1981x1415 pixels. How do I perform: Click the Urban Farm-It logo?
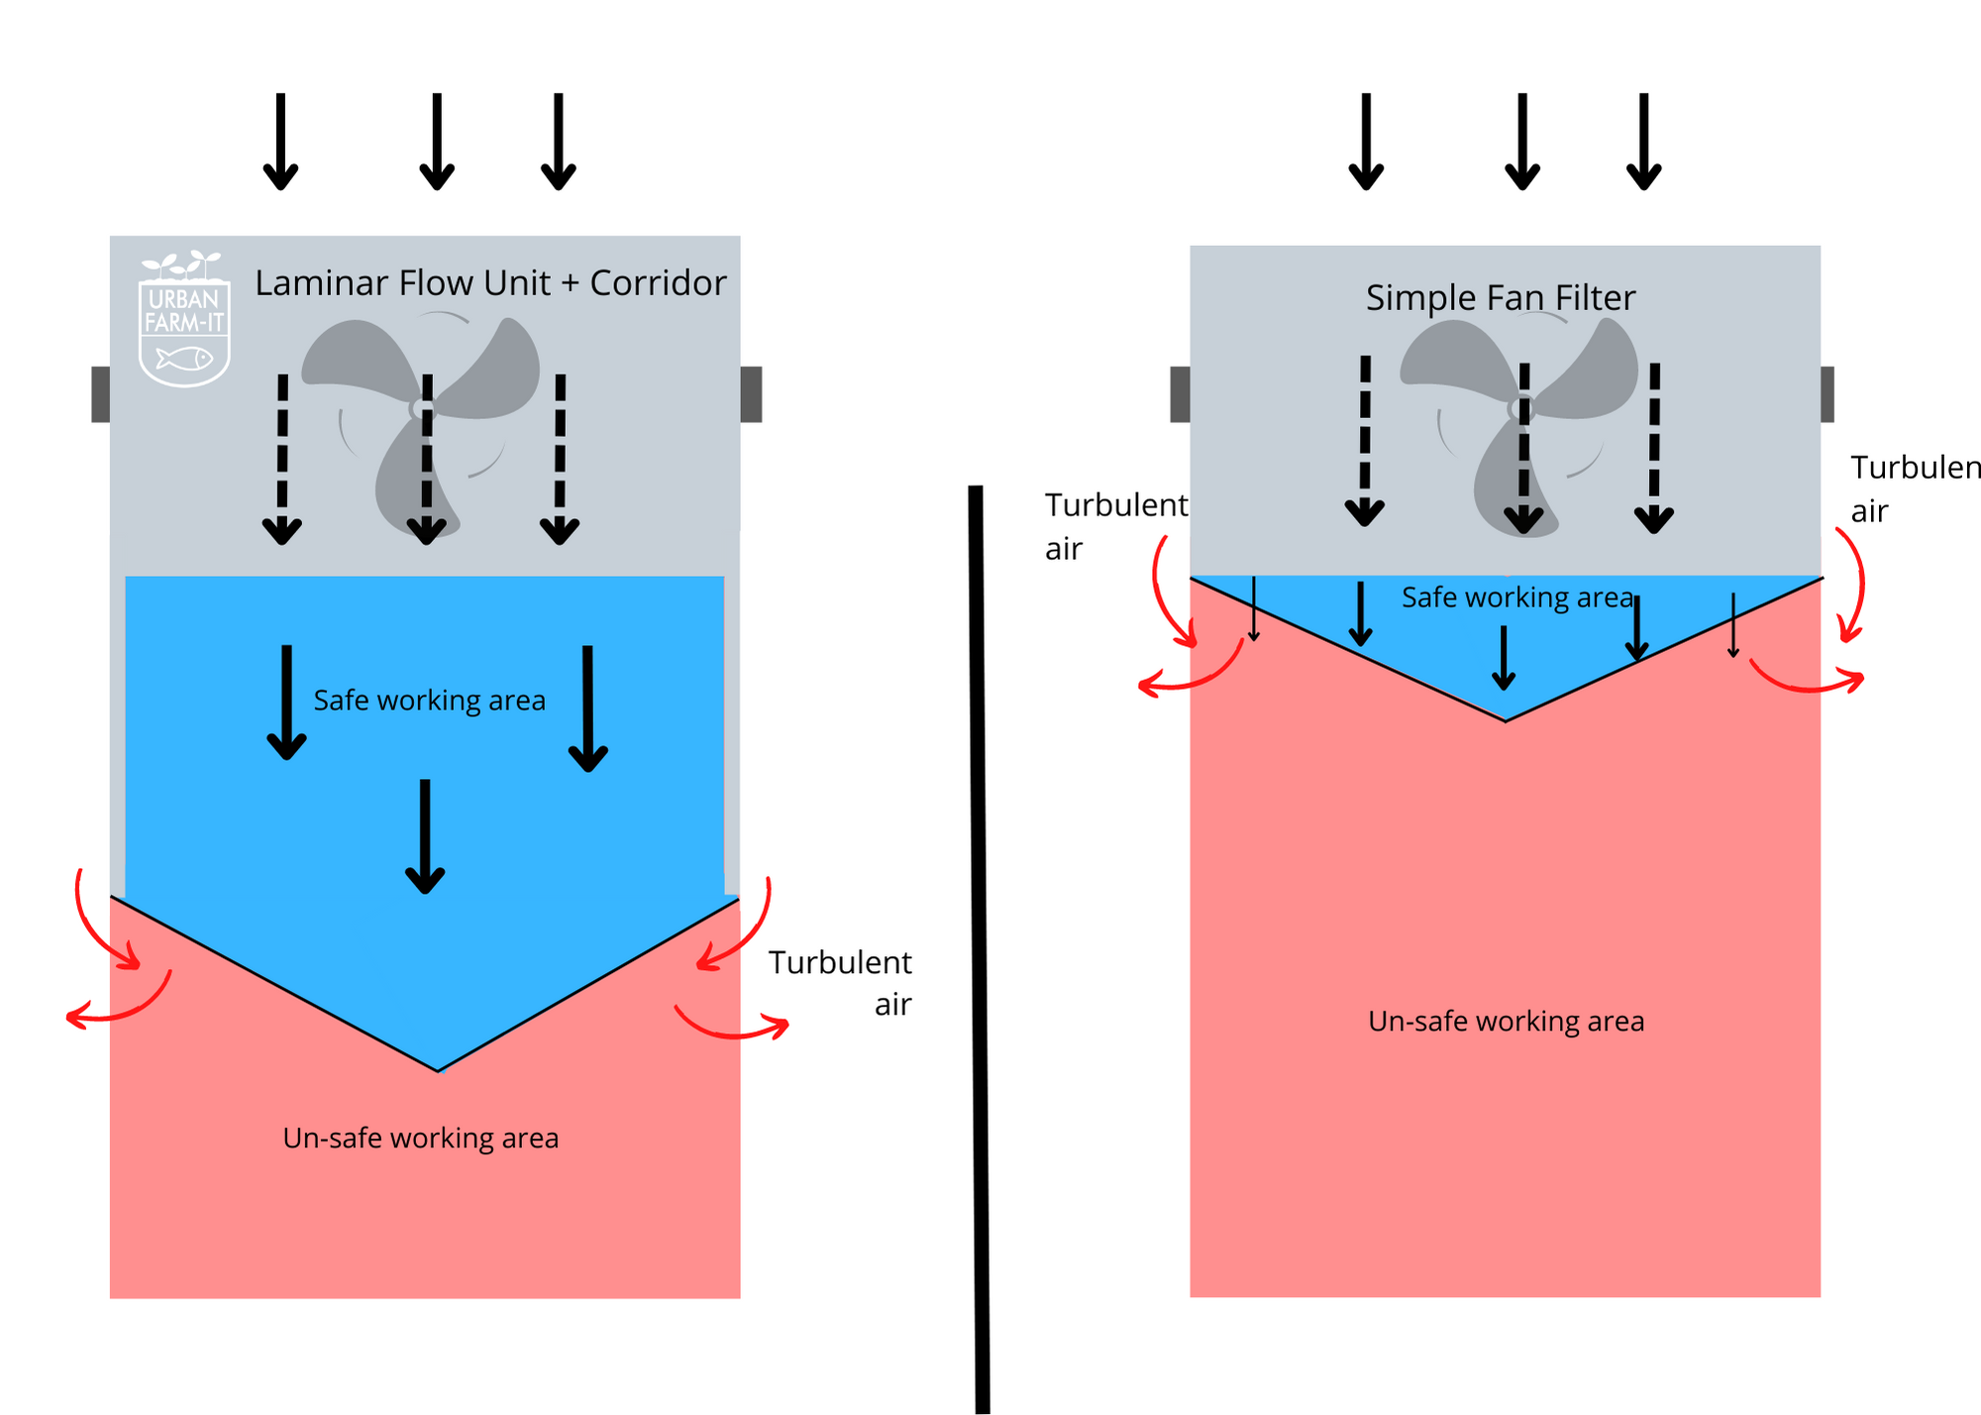pyautogui.click(x=185, y=319)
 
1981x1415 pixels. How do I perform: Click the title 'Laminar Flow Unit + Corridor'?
pyautogui.click(x=490, y=283)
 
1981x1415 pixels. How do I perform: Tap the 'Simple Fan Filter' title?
pyautogui.click(x=1501, y=297)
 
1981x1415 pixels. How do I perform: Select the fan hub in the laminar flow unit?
pyautogui.click(x=421, y=408)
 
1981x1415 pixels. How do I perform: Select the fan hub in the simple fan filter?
pyautogui.click(x=1520, y=407)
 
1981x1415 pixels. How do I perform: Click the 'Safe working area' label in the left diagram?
pyautogui.click(x=429, y=701)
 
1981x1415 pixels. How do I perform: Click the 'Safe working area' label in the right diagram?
pyautogui.click(x=1516, y=598)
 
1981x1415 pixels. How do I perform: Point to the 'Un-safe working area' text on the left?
pyautogui.click(x=421, y=1138)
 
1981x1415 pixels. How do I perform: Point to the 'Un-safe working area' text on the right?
pyautogui.click(x=1506, y=1021)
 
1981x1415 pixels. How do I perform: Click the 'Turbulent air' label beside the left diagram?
pyautogui.click(x=841, y=982)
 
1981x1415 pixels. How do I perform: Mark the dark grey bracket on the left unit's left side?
pyautogui.click(x=100, y=394)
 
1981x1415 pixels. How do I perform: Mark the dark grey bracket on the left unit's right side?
pyautogui.click(x=752, y=394)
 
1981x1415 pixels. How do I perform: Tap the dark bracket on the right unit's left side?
pyautogui.click(x=1180, y=394)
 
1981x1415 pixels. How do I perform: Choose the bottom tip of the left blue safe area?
pyautogui.click(x=439, y=1068)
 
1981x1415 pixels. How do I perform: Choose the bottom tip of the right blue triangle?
pyautogui.click(x=1506, y=717)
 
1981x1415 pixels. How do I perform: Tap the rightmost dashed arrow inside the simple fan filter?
pyautogui.click(x=1654, y=446)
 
